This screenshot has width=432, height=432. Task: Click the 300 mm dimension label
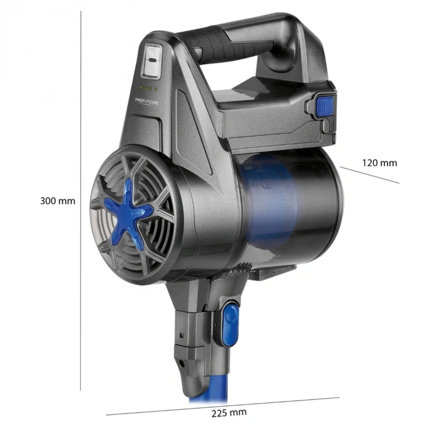click(57, 201)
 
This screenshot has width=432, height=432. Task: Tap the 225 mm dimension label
click(229, 413)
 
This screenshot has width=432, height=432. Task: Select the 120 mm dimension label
click(380, 163)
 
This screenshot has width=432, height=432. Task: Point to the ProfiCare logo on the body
click(147, 101)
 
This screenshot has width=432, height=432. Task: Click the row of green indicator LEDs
click(149, 88)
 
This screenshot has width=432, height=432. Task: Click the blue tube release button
click(230, 323)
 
